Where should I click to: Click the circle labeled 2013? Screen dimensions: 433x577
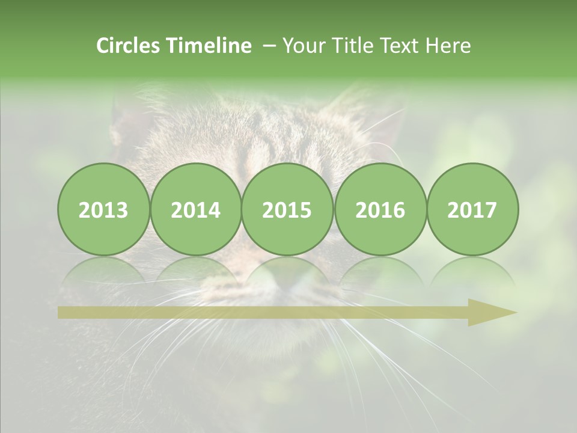tap(103, 209)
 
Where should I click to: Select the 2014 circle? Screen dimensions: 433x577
tap(195, 209)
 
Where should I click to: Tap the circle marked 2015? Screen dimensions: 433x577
tap(287, 209)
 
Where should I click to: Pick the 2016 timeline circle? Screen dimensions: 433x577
tap(380, 209)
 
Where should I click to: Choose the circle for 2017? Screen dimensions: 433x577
tap(472, 209)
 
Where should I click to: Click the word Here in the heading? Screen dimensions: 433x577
tap(448, 46)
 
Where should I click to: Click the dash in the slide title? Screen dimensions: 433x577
tap(269, 46)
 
